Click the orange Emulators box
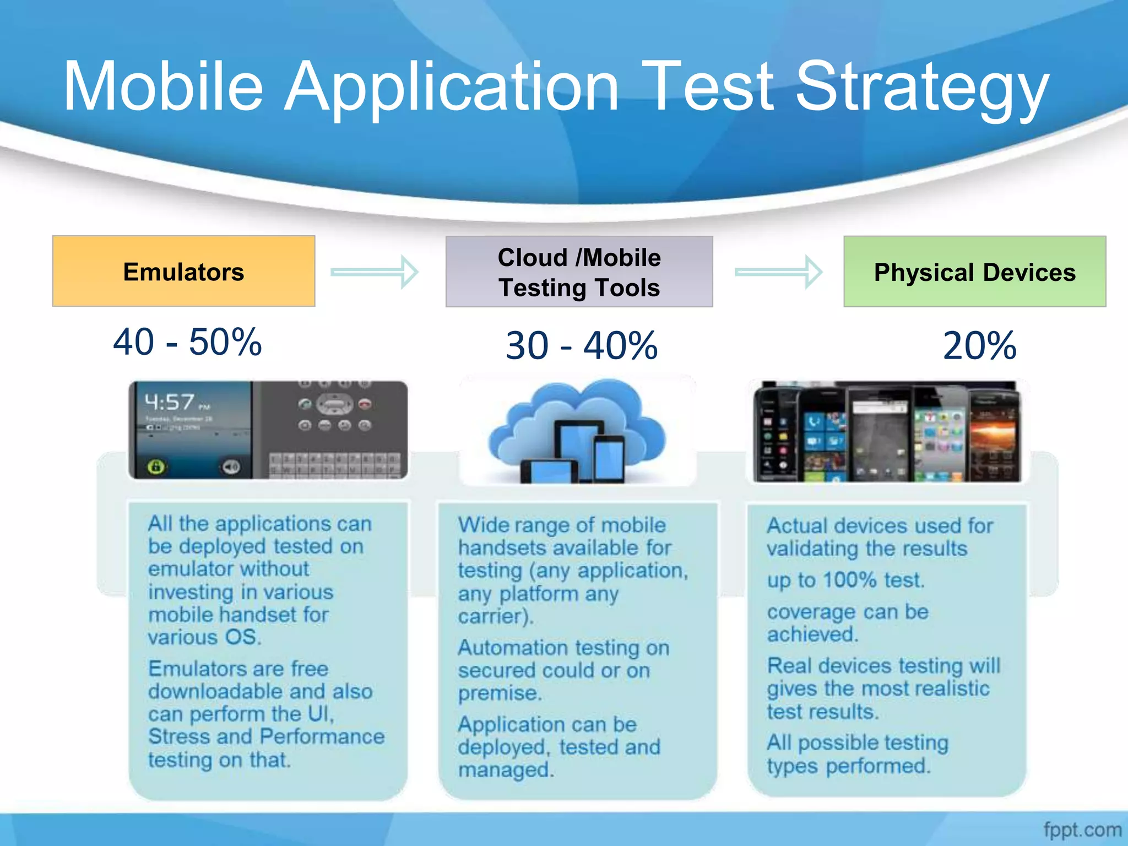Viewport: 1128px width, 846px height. (x=183, y=271)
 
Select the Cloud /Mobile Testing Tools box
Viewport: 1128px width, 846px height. (x=579, y=272)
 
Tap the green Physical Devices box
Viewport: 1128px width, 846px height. (x=974, y=272)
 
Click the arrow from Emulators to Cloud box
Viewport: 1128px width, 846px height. (x=375, y=272)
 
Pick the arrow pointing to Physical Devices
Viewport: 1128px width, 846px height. (x=778, y=272)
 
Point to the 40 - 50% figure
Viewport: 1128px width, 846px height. (x=187, y=342)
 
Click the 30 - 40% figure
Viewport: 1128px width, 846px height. (x=582, y=346)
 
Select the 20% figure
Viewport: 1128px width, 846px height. (x=979, y=346)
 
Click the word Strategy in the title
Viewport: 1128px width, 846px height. (x=922, y=88)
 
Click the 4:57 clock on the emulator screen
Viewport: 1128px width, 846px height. (x=170, y=402)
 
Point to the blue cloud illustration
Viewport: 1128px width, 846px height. (x=577, y=430)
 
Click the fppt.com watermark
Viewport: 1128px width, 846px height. (x=1082, y=829)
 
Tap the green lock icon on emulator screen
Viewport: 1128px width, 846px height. (x=156, y=467)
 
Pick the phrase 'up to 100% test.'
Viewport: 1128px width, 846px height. (x=845, y=580)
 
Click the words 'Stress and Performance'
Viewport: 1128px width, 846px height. (x=266, y=736)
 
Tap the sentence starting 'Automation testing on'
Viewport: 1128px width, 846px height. (x=563, y=648)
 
